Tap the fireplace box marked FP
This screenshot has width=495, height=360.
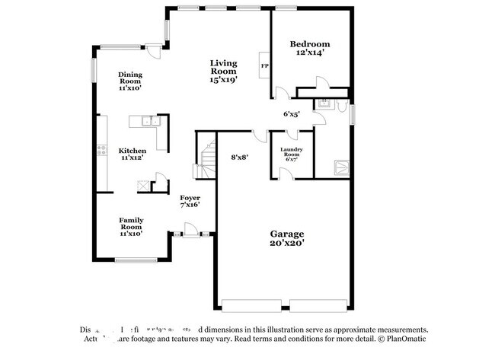(265, 66)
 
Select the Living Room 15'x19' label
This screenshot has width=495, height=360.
(224, 71)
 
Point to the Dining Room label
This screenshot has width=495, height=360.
(129, 81)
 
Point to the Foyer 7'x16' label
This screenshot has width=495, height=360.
(190, 201)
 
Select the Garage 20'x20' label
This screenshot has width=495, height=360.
(287, 238)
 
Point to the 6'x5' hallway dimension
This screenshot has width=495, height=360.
(292, 114)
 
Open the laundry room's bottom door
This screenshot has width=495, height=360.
(285, 174)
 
